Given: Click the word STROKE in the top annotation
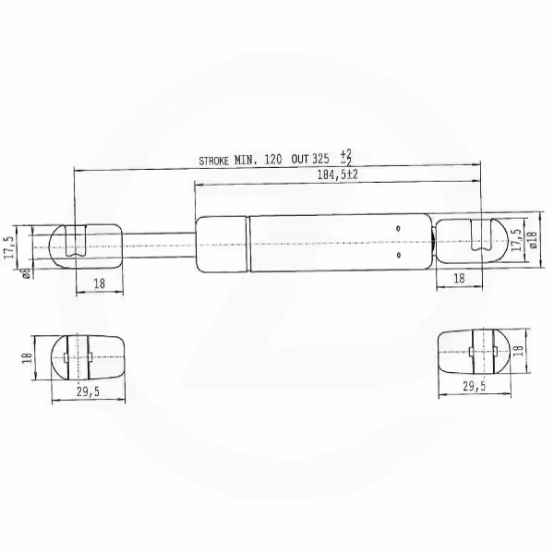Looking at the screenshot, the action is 214,162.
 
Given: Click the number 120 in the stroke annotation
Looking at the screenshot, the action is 273,160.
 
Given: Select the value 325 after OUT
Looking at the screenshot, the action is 320,159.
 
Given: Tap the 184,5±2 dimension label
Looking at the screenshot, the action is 337,174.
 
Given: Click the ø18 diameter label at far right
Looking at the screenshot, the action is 533,240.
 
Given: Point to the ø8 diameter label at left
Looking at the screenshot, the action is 26,274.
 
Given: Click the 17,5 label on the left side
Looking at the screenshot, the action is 9,247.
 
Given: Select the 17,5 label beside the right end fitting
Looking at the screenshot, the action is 517,240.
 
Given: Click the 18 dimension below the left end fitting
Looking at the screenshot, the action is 100,283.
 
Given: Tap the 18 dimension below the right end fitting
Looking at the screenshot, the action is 459,279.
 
